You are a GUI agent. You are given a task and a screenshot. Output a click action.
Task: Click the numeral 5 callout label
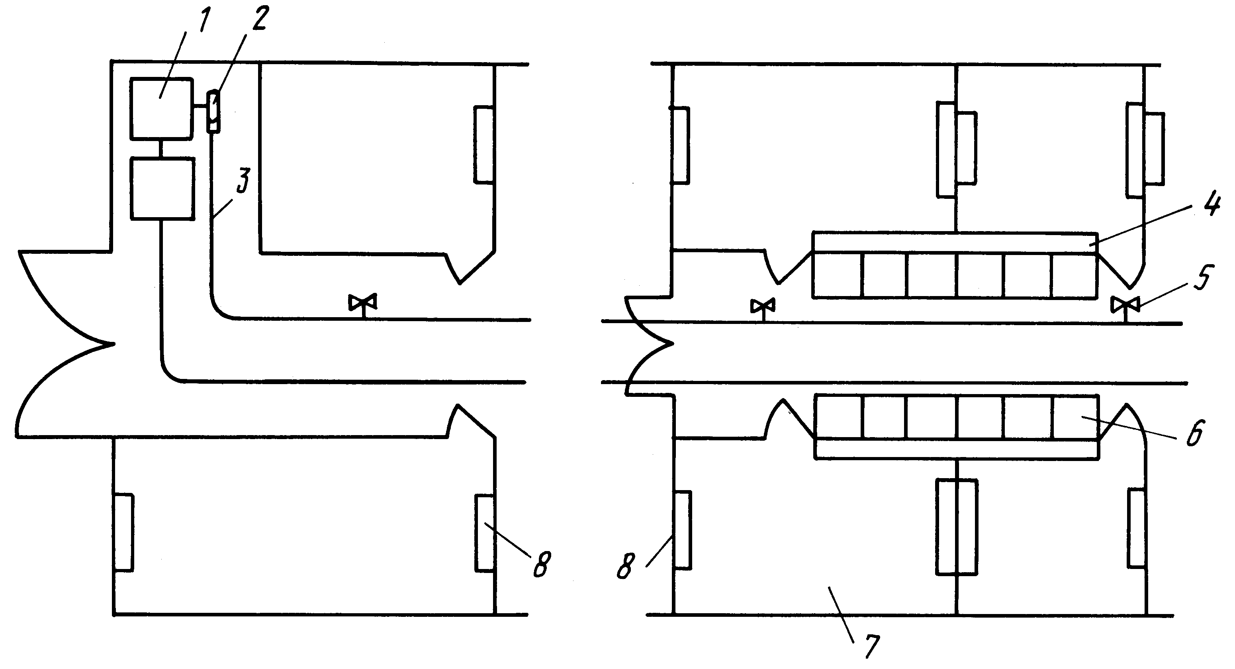click(1202, 277)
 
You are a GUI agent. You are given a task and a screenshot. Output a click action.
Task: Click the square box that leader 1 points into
click(162, 109)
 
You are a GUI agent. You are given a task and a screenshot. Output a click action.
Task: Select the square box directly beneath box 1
click(162, 189)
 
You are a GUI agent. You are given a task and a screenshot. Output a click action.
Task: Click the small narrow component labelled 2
click(214, 112)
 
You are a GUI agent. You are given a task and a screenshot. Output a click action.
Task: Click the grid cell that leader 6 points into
click(1075, 417)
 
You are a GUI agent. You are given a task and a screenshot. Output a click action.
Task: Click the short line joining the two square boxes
click(162, 149)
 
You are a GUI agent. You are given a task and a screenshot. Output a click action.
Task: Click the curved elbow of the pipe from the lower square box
click(170, 372)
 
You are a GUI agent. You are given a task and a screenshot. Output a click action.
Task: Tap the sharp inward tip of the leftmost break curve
click(114, 343)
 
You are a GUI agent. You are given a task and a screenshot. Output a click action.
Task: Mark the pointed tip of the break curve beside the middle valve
click(673, 343)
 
